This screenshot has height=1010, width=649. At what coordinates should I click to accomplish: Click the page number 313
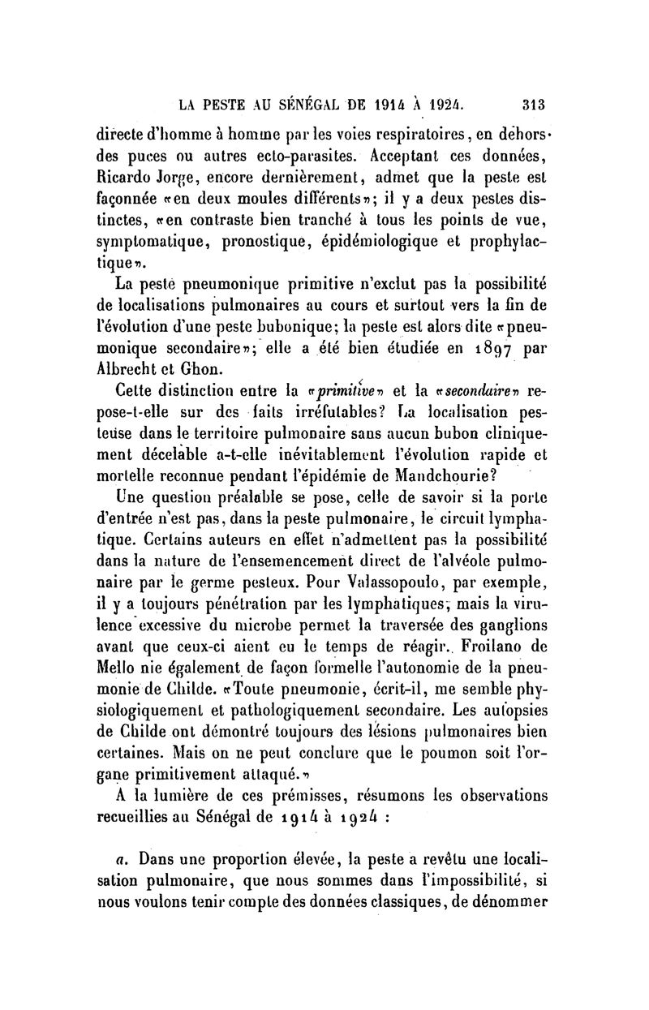point(532,103)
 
